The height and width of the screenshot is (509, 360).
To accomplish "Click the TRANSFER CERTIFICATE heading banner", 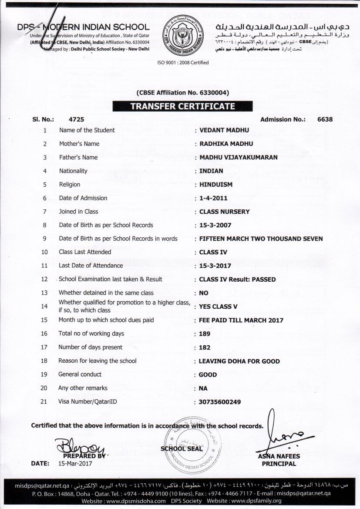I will (182, 106).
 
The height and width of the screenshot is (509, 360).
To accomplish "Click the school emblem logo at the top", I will (182, 34).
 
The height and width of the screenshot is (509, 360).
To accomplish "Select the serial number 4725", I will (76, 119).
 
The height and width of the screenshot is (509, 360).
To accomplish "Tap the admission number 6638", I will (325, 119).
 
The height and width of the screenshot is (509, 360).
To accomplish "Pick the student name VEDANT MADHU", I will (224, 130).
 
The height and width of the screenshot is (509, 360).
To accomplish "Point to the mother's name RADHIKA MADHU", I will (226, 144).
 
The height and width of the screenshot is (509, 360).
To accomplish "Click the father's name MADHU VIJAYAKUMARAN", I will (238, 157).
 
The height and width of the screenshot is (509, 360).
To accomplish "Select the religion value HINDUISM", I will (215, 184).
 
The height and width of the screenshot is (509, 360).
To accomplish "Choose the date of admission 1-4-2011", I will (213, 198).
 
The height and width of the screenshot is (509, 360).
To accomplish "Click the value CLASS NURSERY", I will (224, 212).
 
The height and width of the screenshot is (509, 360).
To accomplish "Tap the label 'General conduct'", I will (80, 374).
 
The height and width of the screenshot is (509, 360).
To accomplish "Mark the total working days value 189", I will (204, 334).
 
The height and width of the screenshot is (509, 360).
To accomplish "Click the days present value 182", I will (204, 347).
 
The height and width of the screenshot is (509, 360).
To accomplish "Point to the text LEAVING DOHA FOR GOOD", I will (239, 361).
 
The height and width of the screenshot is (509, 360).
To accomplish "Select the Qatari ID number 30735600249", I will (219, 402).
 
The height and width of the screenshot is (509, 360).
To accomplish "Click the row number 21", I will (44, 401).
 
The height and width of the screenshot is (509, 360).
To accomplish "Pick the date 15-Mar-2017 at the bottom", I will (75, 463).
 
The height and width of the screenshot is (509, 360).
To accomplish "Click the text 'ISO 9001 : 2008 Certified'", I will (183, 63).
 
